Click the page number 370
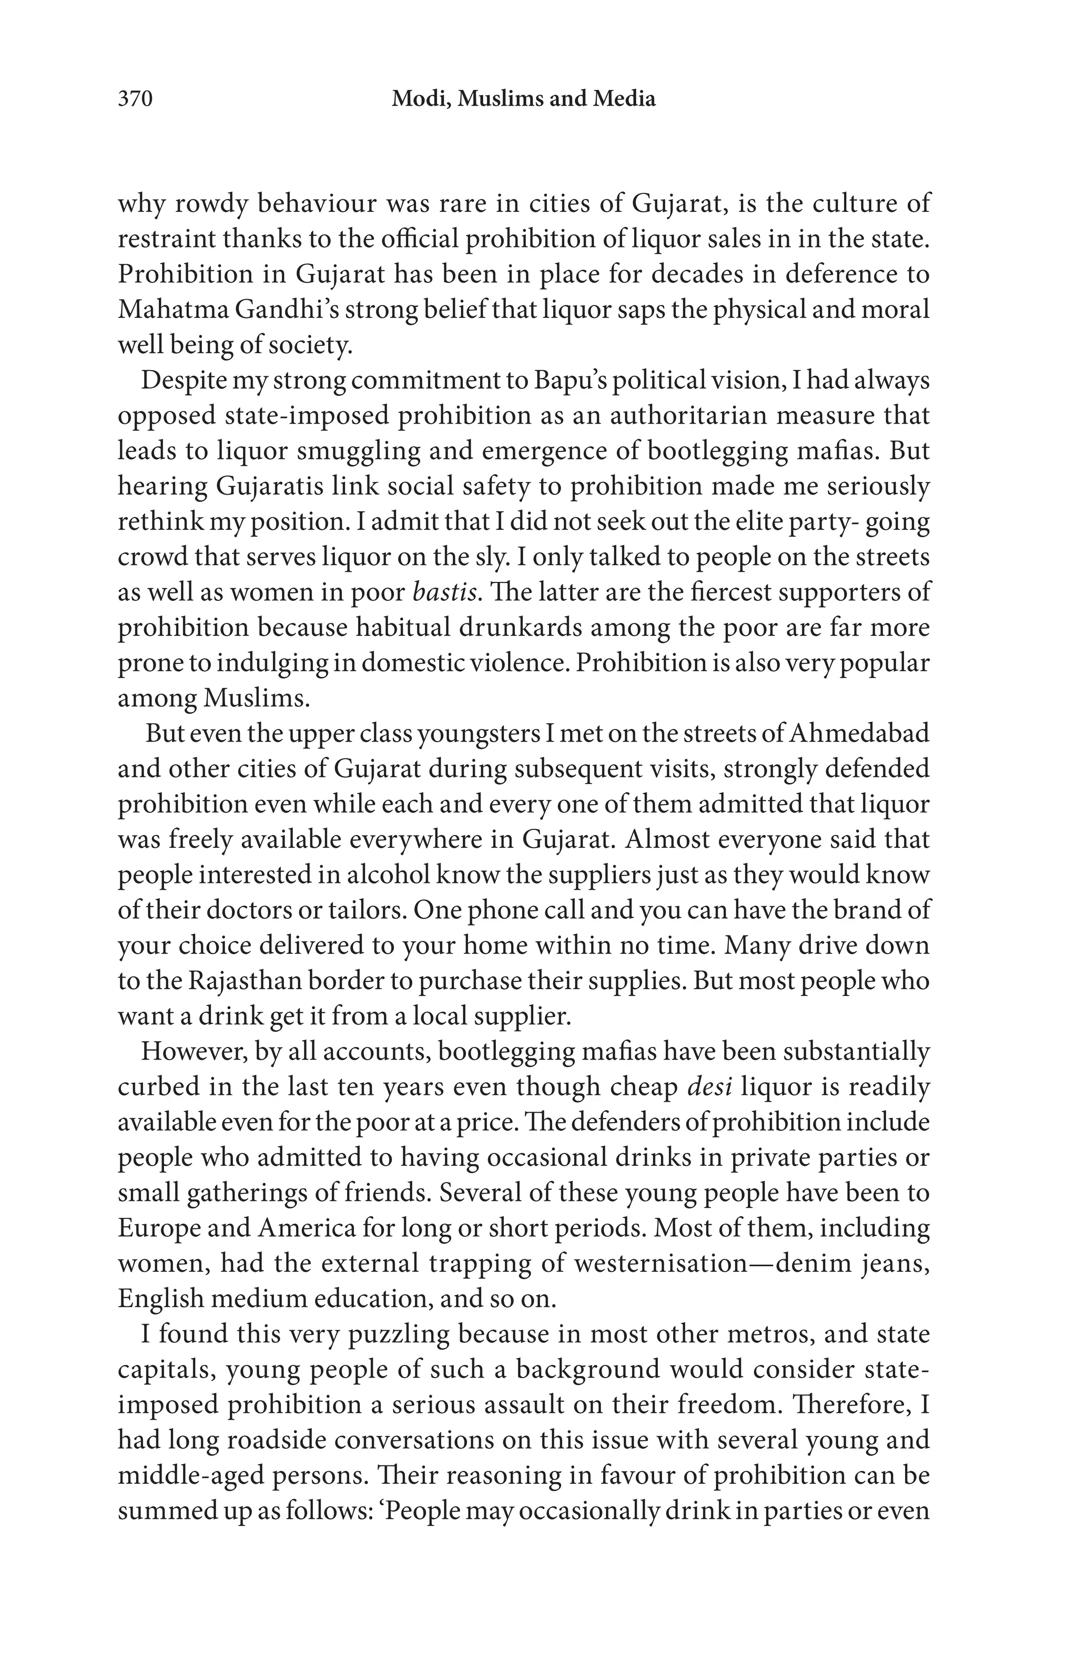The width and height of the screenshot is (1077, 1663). [x=135, y=99]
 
